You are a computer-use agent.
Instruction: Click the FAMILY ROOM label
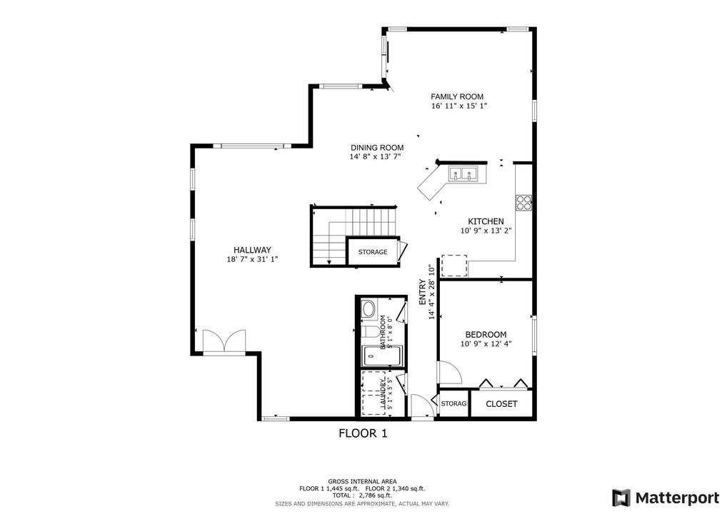click(x=457, y=96)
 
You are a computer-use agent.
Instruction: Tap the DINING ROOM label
click(x=376, y=148)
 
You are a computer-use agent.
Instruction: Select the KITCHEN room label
click(x=486, y=221)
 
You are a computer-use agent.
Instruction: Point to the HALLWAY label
click(x=252, y=250)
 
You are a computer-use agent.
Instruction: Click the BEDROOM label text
click(x=486, y=334)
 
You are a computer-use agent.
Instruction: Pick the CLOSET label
click(x=501, y=404)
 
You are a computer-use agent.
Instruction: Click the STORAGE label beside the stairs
click(x=373, y=252)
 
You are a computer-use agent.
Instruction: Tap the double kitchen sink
click(x=462, y=173)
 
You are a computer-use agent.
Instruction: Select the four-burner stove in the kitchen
click(x=524, y=203)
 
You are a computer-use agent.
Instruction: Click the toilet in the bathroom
click(x=371, y=332)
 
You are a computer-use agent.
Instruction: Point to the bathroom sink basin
click(x=368, y=309)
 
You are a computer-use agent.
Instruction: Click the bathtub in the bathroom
click(x=382, y=356)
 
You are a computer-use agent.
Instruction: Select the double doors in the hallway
click(x=224, y=341)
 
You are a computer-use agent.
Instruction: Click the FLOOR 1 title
click(x=363, y=433)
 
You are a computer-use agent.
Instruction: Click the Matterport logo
click(x=666, y=497)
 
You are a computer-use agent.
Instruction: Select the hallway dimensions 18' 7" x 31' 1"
click(x=252, y=260)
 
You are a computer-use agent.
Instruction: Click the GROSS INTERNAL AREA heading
click(x=362, y=481)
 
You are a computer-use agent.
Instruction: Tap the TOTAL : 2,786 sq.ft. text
click(x=362, y=495)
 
